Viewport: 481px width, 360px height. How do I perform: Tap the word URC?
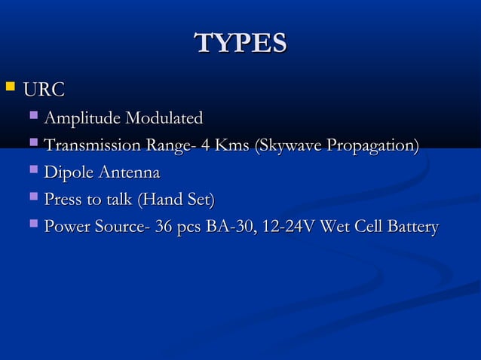click(44, 91)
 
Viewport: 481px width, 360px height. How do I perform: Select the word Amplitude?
click(83, 119)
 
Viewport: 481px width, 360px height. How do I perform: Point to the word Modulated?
click(164, 119)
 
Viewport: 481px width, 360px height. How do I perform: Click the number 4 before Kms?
click(204, 146)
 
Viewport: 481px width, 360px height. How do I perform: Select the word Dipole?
click(67, 173)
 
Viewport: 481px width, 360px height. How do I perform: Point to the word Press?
click(63, 200)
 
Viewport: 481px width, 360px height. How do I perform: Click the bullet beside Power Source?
click(33, 225)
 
